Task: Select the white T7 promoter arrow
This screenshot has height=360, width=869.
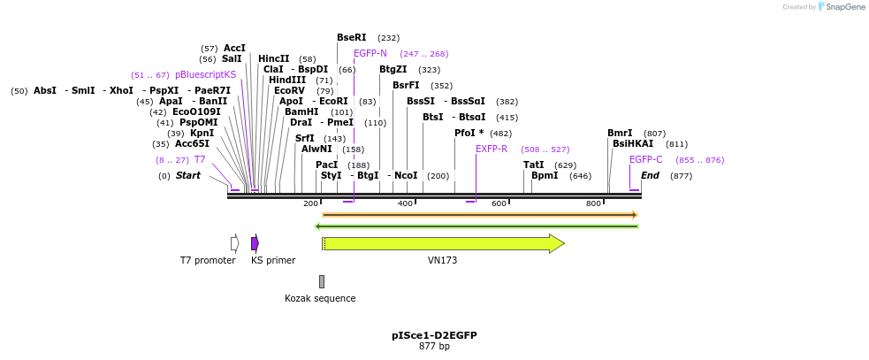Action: click(x=234, y=243)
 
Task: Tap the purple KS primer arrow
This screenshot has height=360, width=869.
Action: click(x=255, y=243)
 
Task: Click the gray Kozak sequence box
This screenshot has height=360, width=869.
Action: click(x=322, y=281)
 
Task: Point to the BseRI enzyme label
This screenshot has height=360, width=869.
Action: click(x=351, y=38)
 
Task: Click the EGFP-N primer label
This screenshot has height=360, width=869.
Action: click(x=370, y=54)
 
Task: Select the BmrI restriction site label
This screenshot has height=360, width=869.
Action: click(x=620, y=134)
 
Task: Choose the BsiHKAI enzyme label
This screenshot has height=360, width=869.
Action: click(x=633, y=144)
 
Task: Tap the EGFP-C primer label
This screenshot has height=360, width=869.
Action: click(x=645, y=160)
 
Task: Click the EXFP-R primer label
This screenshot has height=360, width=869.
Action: click(x=492, y=149)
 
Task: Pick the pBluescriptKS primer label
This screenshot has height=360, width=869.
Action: click(x=205, y=75)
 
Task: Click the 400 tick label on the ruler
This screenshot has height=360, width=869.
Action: click(x=405, y=204)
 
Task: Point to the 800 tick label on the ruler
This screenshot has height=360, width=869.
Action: click(x=594, y=204)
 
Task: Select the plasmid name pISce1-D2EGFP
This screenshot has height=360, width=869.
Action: click(x=434, y=336)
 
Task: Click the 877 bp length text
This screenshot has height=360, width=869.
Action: click(x=434, y=347)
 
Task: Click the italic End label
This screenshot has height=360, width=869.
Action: click(x=650, y=176)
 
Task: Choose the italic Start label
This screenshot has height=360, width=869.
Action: click(x=187, y=176)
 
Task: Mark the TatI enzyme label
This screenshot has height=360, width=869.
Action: click(x=533, y=165)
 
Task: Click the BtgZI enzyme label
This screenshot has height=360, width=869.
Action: click(x=393, y=70)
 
